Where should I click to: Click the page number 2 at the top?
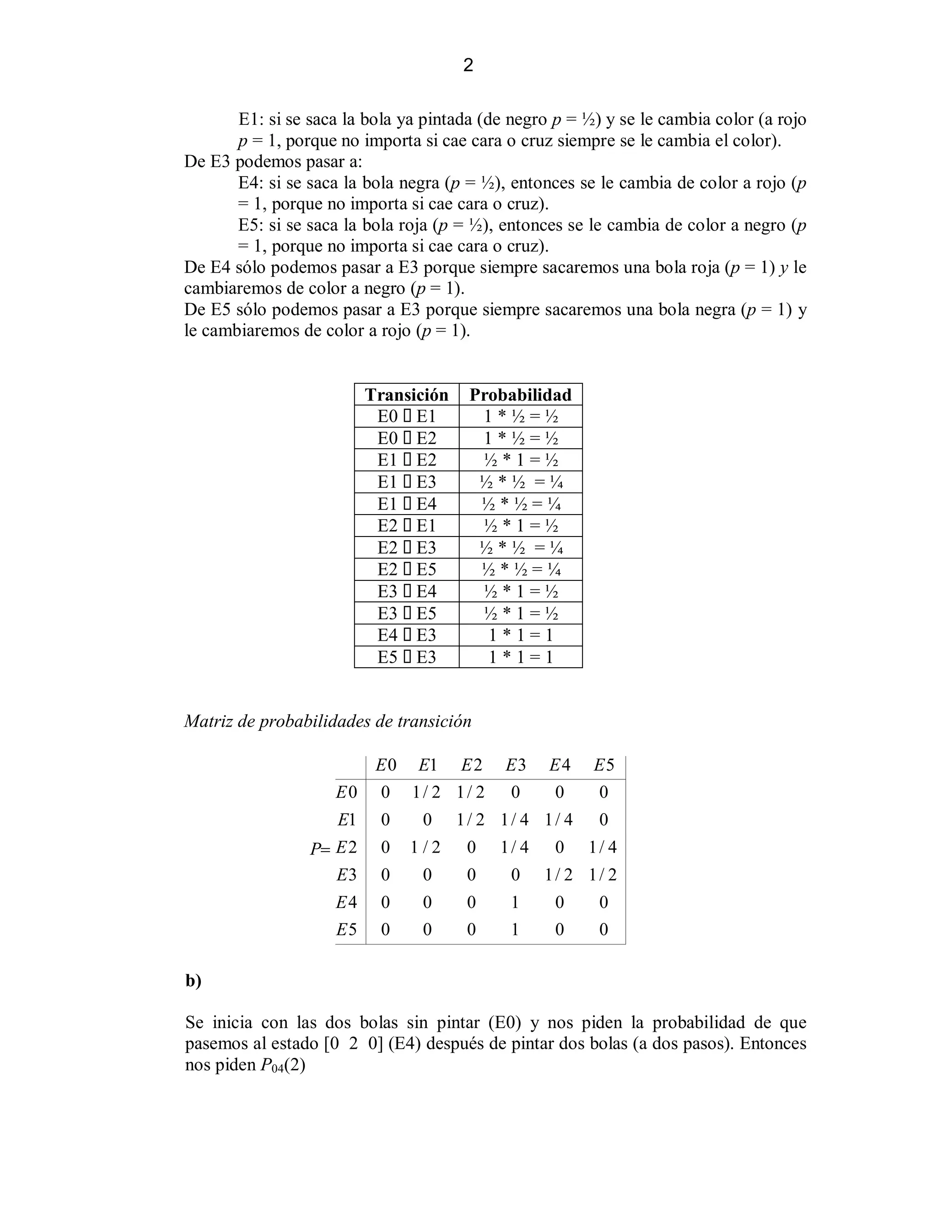468,65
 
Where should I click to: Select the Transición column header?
406,395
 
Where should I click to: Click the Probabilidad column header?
520,395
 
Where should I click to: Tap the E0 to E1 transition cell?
406,416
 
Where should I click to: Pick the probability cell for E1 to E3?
520,482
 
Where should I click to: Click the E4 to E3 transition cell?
406,635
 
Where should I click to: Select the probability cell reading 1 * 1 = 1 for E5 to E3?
520,657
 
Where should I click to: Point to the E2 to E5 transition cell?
406,569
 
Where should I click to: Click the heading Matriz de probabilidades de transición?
328,721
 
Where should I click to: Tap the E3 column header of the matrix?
515,766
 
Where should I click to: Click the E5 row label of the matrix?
346,929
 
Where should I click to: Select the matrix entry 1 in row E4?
515,902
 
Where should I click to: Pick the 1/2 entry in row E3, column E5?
603,875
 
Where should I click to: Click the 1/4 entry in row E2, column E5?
603,847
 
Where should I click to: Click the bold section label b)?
193,981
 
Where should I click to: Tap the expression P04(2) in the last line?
282,1066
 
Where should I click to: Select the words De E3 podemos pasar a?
273,162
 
